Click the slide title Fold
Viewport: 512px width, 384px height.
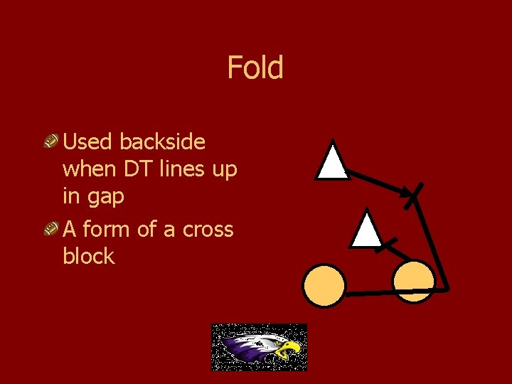pos(255,68)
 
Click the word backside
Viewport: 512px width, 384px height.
pos(162,142)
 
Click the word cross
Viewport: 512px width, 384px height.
pos(208,229)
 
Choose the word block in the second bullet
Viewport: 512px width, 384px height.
pos(88,256)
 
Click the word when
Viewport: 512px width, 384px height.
pos(88,170)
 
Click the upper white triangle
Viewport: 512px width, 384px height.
pos(333,161)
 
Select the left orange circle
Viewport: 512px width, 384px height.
pos(324,286)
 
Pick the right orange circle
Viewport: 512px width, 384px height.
pos(413,281)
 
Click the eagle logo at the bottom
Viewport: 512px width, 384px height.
pos(259,347)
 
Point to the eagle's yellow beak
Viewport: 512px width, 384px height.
pos(290,349)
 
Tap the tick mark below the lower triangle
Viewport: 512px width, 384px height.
pos(386,246)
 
